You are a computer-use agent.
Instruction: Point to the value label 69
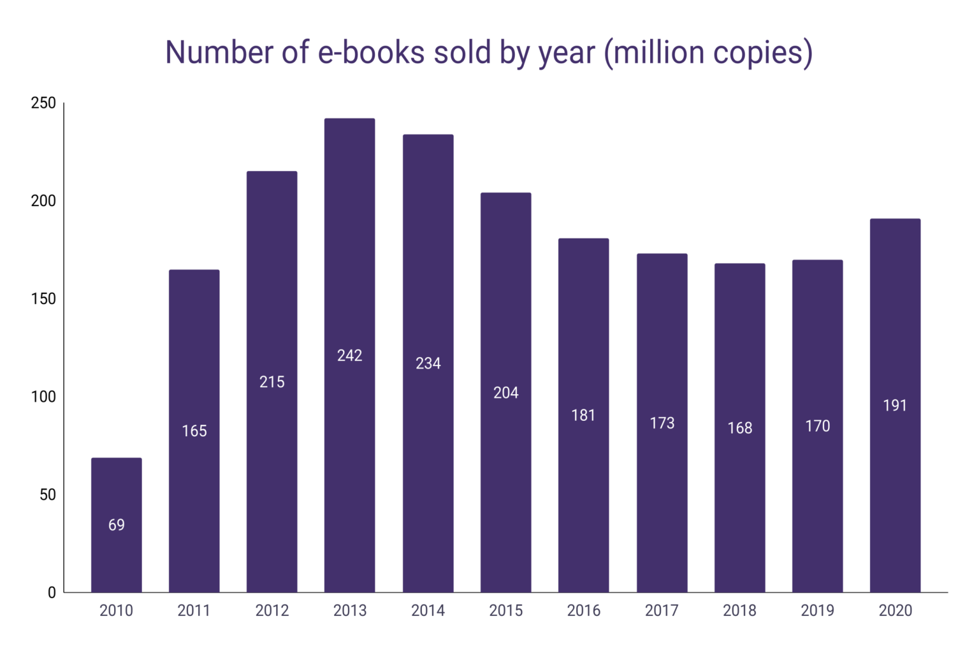click(x=116, y=525)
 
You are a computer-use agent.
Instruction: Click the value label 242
click(x=349, y=355)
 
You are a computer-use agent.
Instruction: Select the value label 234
click(x=428, y=363)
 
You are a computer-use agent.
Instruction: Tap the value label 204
click(x=505, y=393)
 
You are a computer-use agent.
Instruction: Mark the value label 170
click(x=817, y=426)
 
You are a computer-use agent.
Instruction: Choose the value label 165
click(x=194, y=431)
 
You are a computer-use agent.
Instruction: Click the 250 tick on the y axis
click(x=43, y=103)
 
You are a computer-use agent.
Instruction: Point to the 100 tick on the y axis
click(x=43, y=397)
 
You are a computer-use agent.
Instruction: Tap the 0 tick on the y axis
click(x=52, y=592)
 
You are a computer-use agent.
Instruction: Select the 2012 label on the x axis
click(x=272, y=611)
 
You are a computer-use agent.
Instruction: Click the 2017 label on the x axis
click(x=662, y=611)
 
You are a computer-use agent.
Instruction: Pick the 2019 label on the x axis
click(x=817, y=611)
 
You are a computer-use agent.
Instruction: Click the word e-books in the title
click(x=371, y=52)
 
